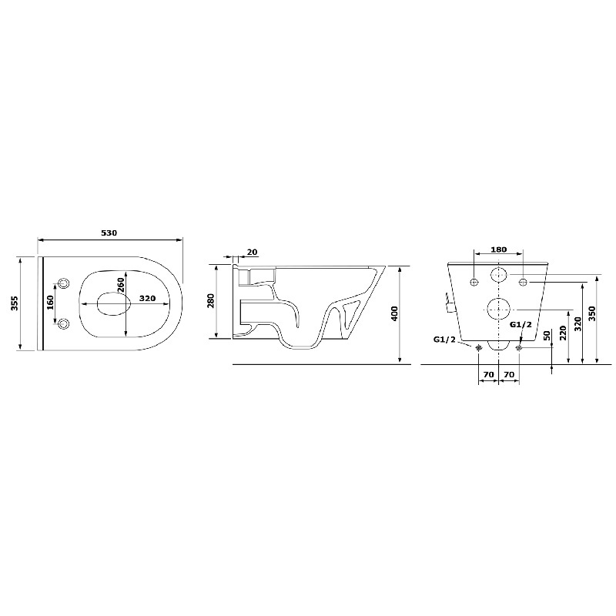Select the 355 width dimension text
click(15, 304)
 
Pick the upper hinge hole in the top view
click(64, 281)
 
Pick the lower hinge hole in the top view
click(64, 323)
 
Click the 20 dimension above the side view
click(252, 252)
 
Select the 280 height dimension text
click(212, 300)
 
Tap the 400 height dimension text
click(395, 313)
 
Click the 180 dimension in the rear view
click(498, 249)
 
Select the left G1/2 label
click(444, 339)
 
